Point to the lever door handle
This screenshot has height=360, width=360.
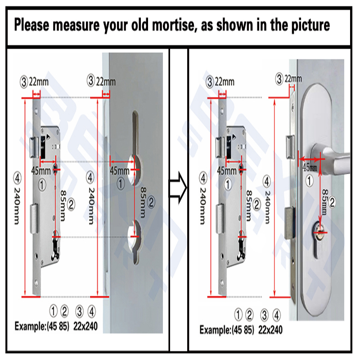coord(331,158)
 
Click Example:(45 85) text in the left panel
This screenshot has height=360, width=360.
coord(42,326)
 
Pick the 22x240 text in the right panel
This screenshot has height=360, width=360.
coord(270,330)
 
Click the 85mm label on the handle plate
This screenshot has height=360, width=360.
coord(324,202)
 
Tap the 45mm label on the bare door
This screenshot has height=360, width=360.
coord(119,171)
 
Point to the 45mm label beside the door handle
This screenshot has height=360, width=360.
coord(310,167)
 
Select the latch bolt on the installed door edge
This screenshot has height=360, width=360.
coord(290,147)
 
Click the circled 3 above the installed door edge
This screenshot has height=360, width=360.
coord(279,79)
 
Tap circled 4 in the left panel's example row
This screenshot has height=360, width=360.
coord(92,311)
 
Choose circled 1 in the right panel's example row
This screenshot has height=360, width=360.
coord(238,315)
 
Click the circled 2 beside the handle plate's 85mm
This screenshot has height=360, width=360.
coord(332,202)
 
